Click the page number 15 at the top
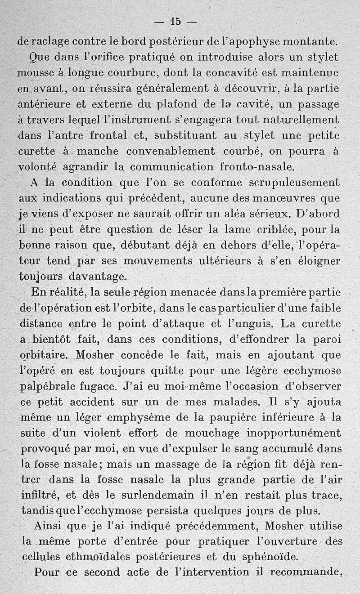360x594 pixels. [175, 21]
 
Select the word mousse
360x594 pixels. [33, 73]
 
